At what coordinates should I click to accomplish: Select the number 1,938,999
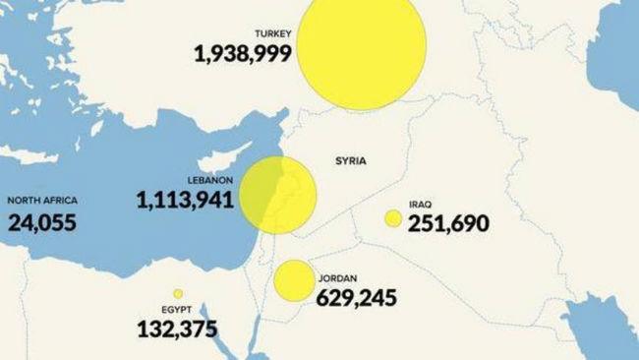(x=243, y=53)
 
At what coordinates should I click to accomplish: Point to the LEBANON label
(x=209, y=180)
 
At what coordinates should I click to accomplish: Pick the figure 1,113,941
(x=186, y=200)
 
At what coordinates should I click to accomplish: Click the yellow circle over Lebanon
(x=277, y=195)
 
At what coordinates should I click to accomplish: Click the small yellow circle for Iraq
(x=393, y=218)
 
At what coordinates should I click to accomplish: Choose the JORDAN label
(x=338, y=277)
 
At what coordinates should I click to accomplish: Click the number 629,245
(x=357, y=296)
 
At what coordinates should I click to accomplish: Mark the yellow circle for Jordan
(x=292, y=280)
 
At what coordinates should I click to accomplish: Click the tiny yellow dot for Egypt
(x=178, y=293)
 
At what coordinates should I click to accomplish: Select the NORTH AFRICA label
(x=42, y=201)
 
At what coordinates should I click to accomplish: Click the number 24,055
(x=42, y=221)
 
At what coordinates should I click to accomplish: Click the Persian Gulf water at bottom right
(x=605, y=339)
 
